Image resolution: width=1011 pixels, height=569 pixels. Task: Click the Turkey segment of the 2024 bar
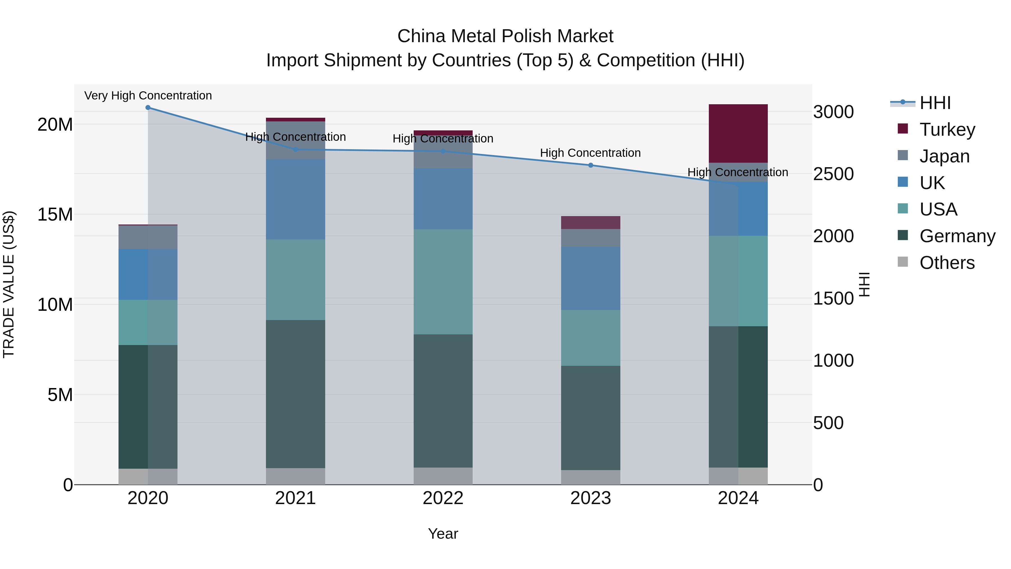(738, 133)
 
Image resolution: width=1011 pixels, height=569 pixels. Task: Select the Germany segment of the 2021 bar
(295, 394)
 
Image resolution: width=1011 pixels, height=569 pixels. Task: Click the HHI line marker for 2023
(590, 165)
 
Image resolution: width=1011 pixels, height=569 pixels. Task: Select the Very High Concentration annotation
(148, 96)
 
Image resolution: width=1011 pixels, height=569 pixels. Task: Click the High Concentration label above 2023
(590, 153)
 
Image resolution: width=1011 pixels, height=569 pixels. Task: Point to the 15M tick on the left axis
(55, 214)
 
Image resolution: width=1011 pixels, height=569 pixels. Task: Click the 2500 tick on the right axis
(833, 174)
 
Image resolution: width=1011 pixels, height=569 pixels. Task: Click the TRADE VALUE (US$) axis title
(9, 284)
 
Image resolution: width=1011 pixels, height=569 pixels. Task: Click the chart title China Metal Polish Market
(505, 36)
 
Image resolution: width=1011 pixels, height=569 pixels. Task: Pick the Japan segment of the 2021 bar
(295, 140)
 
